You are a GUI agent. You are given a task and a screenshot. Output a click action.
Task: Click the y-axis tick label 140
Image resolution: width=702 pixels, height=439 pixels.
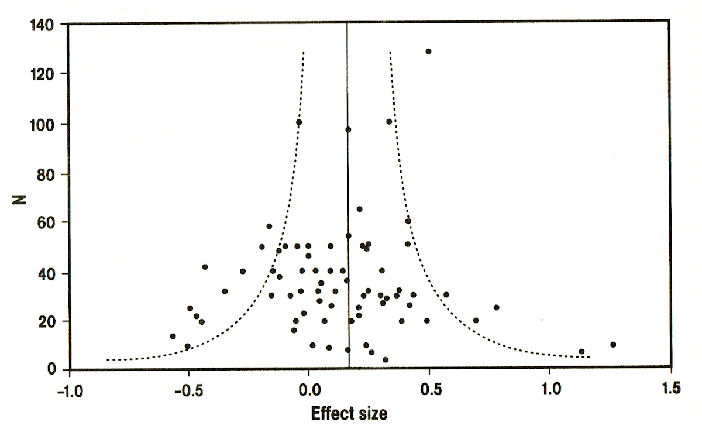42,25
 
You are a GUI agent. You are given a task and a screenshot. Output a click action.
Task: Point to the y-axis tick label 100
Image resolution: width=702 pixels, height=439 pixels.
42,125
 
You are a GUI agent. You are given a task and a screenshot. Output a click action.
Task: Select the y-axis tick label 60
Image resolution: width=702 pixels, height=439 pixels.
46,223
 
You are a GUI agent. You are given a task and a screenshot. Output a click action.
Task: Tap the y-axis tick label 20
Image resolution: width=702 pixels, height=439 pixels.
46,322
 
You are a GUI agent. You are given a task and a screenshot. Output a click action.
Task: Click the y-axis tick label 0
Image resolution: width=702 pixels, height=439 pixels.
51,369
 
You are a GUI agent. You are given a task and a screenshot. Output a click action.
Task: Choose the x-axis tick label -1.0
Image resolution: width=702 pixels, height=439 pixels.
70,391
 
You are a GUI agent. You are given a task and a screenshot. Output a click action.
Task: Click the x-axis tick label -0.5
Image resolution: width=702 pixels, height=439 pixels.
189,391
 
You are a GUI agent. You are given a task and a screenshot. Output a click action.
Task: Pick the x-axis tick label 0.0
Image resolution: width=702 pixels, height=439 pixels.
309,390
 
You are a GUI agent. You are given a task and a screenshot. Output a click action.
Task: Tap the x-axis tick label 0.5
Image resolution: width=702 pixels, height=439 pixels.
431,389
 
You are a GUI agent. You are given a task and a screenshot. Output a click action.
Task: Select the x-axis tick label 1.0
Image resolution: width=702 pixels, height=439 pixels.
551,389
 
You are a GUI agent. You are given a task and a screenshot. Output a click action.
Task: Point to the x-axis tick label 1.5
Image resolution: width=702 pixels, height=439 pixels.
672,389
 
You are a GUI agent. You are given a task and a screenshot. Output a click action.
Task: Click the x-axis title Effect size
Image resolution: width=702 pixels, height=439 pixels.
349,413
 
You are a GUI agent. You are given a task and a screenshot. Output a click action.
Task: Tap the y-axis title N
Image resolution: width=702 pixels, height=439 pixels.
19,200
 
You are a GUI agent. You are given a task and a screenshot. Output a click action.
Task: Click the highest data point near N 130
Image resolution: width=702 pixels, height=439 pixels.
428,52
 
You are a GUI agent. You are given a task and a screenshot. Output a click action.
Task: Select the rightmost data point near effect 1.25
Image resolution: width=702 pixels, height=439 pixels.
613,345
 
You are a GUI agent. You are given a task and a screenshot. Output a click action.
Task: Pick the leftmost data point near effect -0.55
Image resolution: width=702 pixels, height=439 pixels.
173,336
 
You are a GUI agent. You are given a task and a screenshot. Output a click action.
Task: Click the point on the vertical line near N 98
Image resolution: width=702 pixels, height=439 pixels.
348,129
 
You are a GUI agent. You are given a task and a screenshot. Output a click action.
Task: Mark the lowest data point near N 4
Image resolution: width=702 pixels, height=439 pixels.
386,359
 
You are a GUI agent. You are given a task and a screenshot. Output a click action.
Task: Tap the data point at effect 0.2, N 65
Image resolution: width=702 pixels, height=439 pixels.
359,209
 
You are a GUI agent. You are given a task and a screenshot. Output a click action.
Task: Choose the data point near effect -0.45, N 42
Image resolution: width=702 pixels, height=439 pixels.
205,267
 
